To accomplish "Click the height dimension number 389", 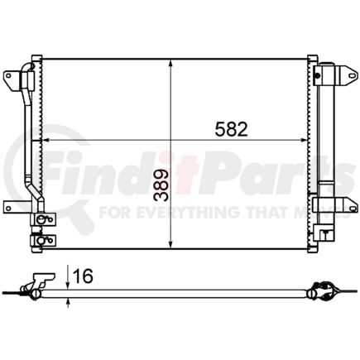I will click(161, 186).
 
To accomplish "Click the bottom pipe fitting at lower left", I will click(39, 241).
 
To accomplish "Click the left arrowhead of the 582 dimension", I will click(45, 142).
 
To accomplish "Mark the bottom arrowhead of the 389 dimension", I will click(170, 245).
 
